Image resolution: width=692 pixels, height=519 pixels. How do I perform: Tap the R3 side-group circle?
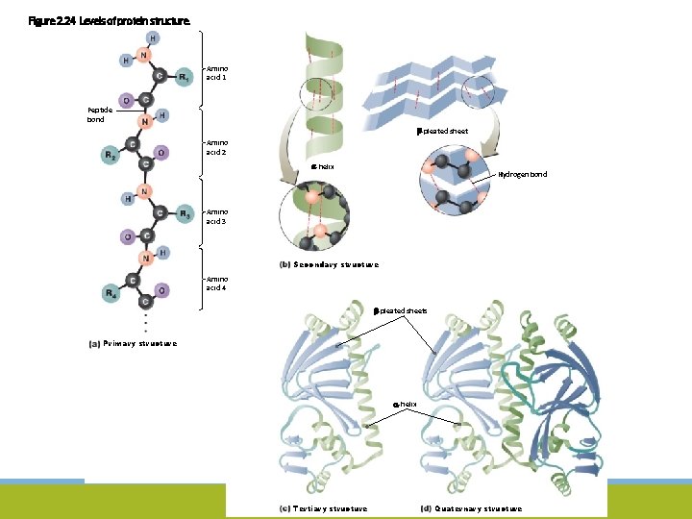[185, 214]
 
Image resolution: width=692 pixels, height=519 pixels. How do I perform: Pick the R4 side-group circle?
[111, 292]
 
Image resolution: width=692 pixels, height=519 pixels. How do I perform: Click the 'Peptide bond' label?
[99, 114]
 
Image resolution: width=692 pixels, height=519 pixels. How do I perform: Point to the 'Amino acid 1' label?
[217, 72]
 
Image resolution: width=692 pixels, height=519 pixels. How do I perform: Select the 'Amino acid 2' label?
[217, 146]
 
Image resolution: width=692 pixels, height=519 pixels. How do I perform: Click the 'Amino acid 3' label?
[217, 216]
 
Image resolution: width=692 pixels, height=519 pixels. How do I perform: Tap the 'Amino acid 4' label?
[217, 283]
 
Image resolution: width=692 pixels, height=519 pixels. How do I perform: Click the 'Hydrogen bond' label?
[522, 174]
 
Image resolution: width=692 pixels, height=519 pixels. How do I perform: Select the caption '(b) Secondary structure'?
[328, 264]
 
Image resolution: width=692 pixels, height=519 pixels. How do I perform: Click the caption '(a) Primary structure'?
[132, 342]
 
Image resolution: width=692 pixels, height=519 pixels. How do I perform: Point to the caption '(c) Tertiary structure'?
[322, 508]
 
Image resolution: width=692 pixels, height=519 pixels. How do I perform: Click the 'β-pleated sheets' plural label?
[401, 310]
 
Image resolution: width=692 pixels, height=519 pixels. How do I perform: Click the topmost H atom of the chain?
[154, 37]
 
